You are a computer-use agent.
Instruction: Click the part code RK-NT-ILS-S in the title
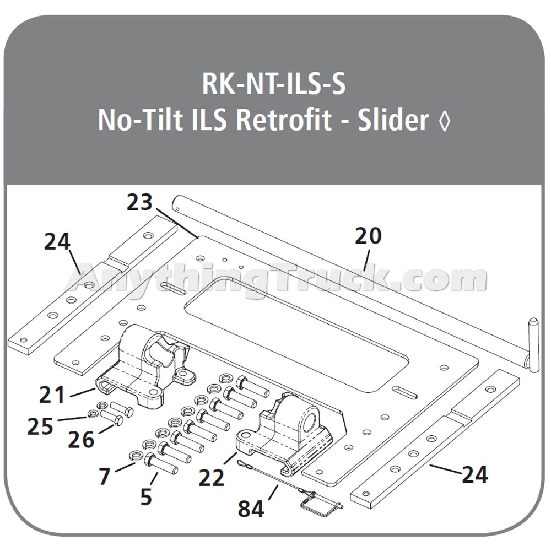pos(274,84)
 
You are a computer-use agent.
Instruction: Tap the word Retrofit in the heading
pos(284,120)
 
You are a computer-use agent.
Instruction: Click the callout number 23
pos(139,202)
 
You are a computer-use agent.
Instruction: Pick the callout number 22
pos(212,477)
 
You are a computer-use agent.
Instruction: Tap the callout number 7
pos(105,477)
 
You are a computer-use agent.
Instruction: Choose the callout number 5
pos(146,496)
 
